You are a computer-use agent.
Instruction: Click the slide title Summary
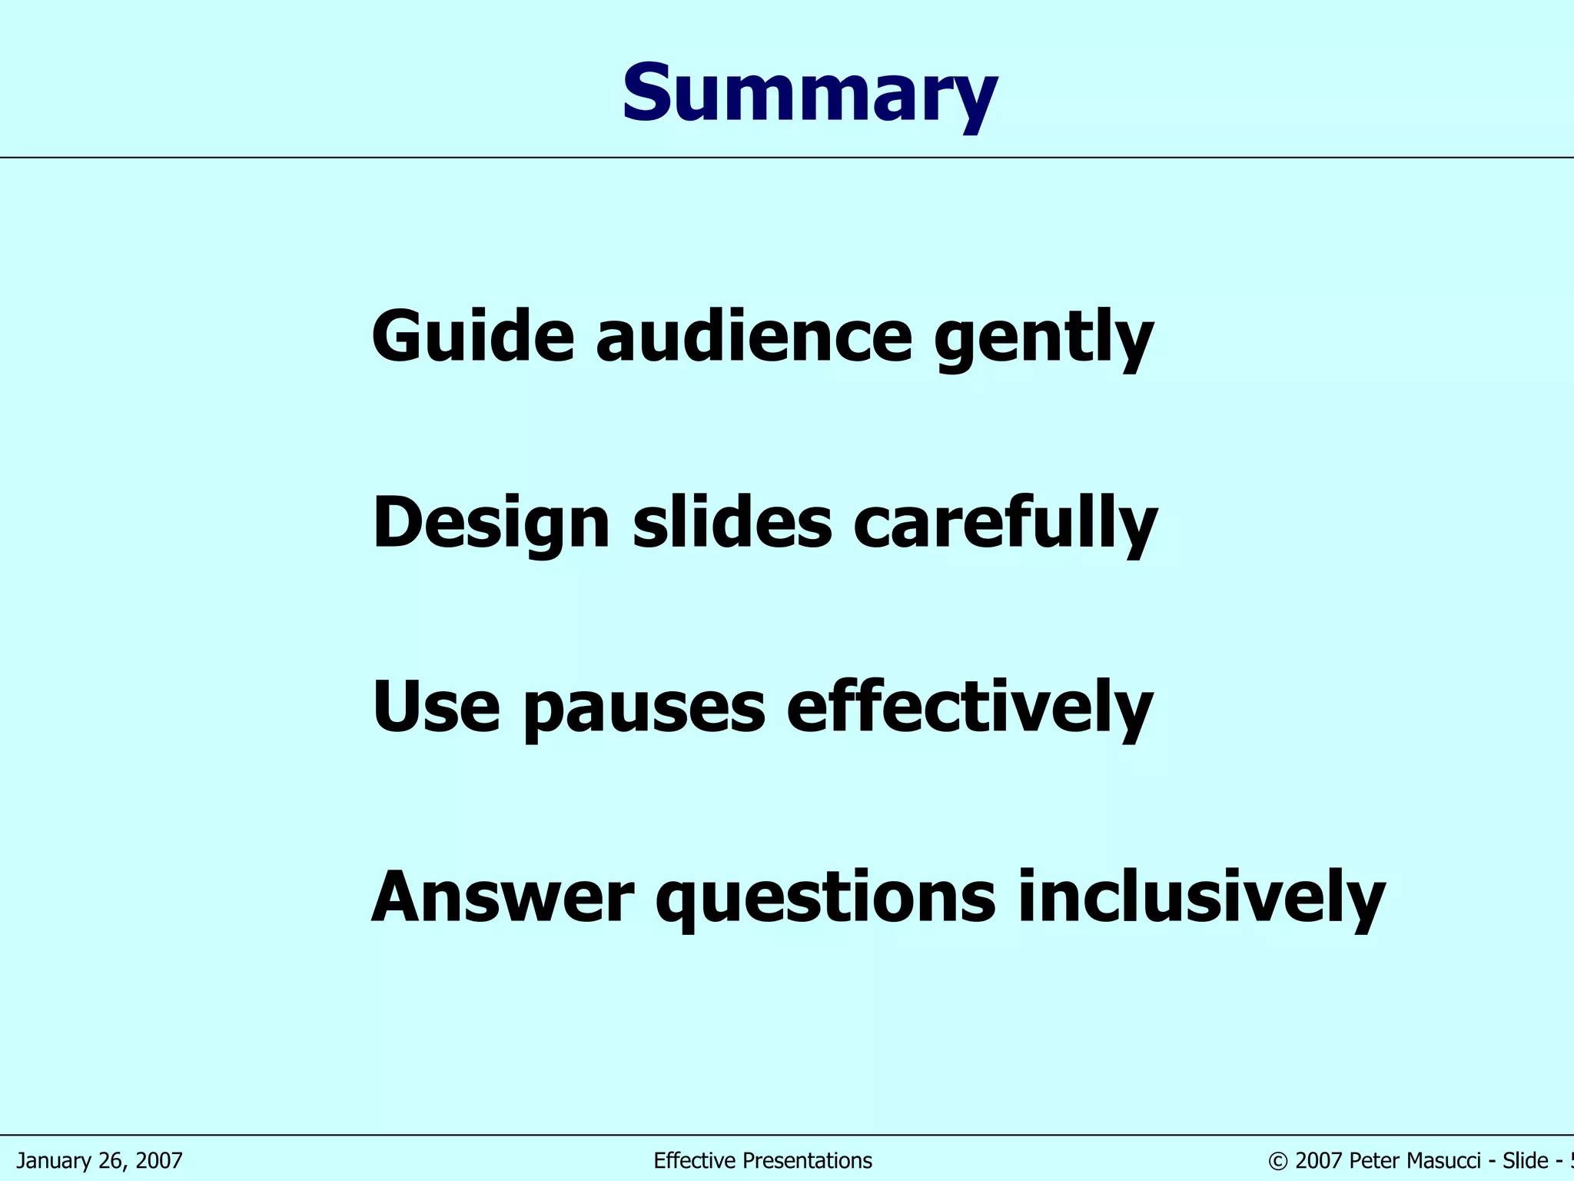tap(809, 94)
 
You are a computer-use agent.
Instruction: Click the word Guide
tap(473, 336)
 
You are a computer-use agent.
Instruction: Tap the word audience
tap(754, 336)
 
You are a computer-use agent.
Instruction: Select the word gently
tap(1044, 338)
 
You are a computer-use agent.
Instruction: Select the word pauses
tap(644, 710)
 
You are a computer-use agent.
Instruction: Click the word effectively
tap(970, 707)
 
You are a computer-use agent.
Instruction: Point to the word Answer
tap(503, 897)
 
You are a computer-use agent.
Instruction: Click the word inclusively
tap(1201, 897)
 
